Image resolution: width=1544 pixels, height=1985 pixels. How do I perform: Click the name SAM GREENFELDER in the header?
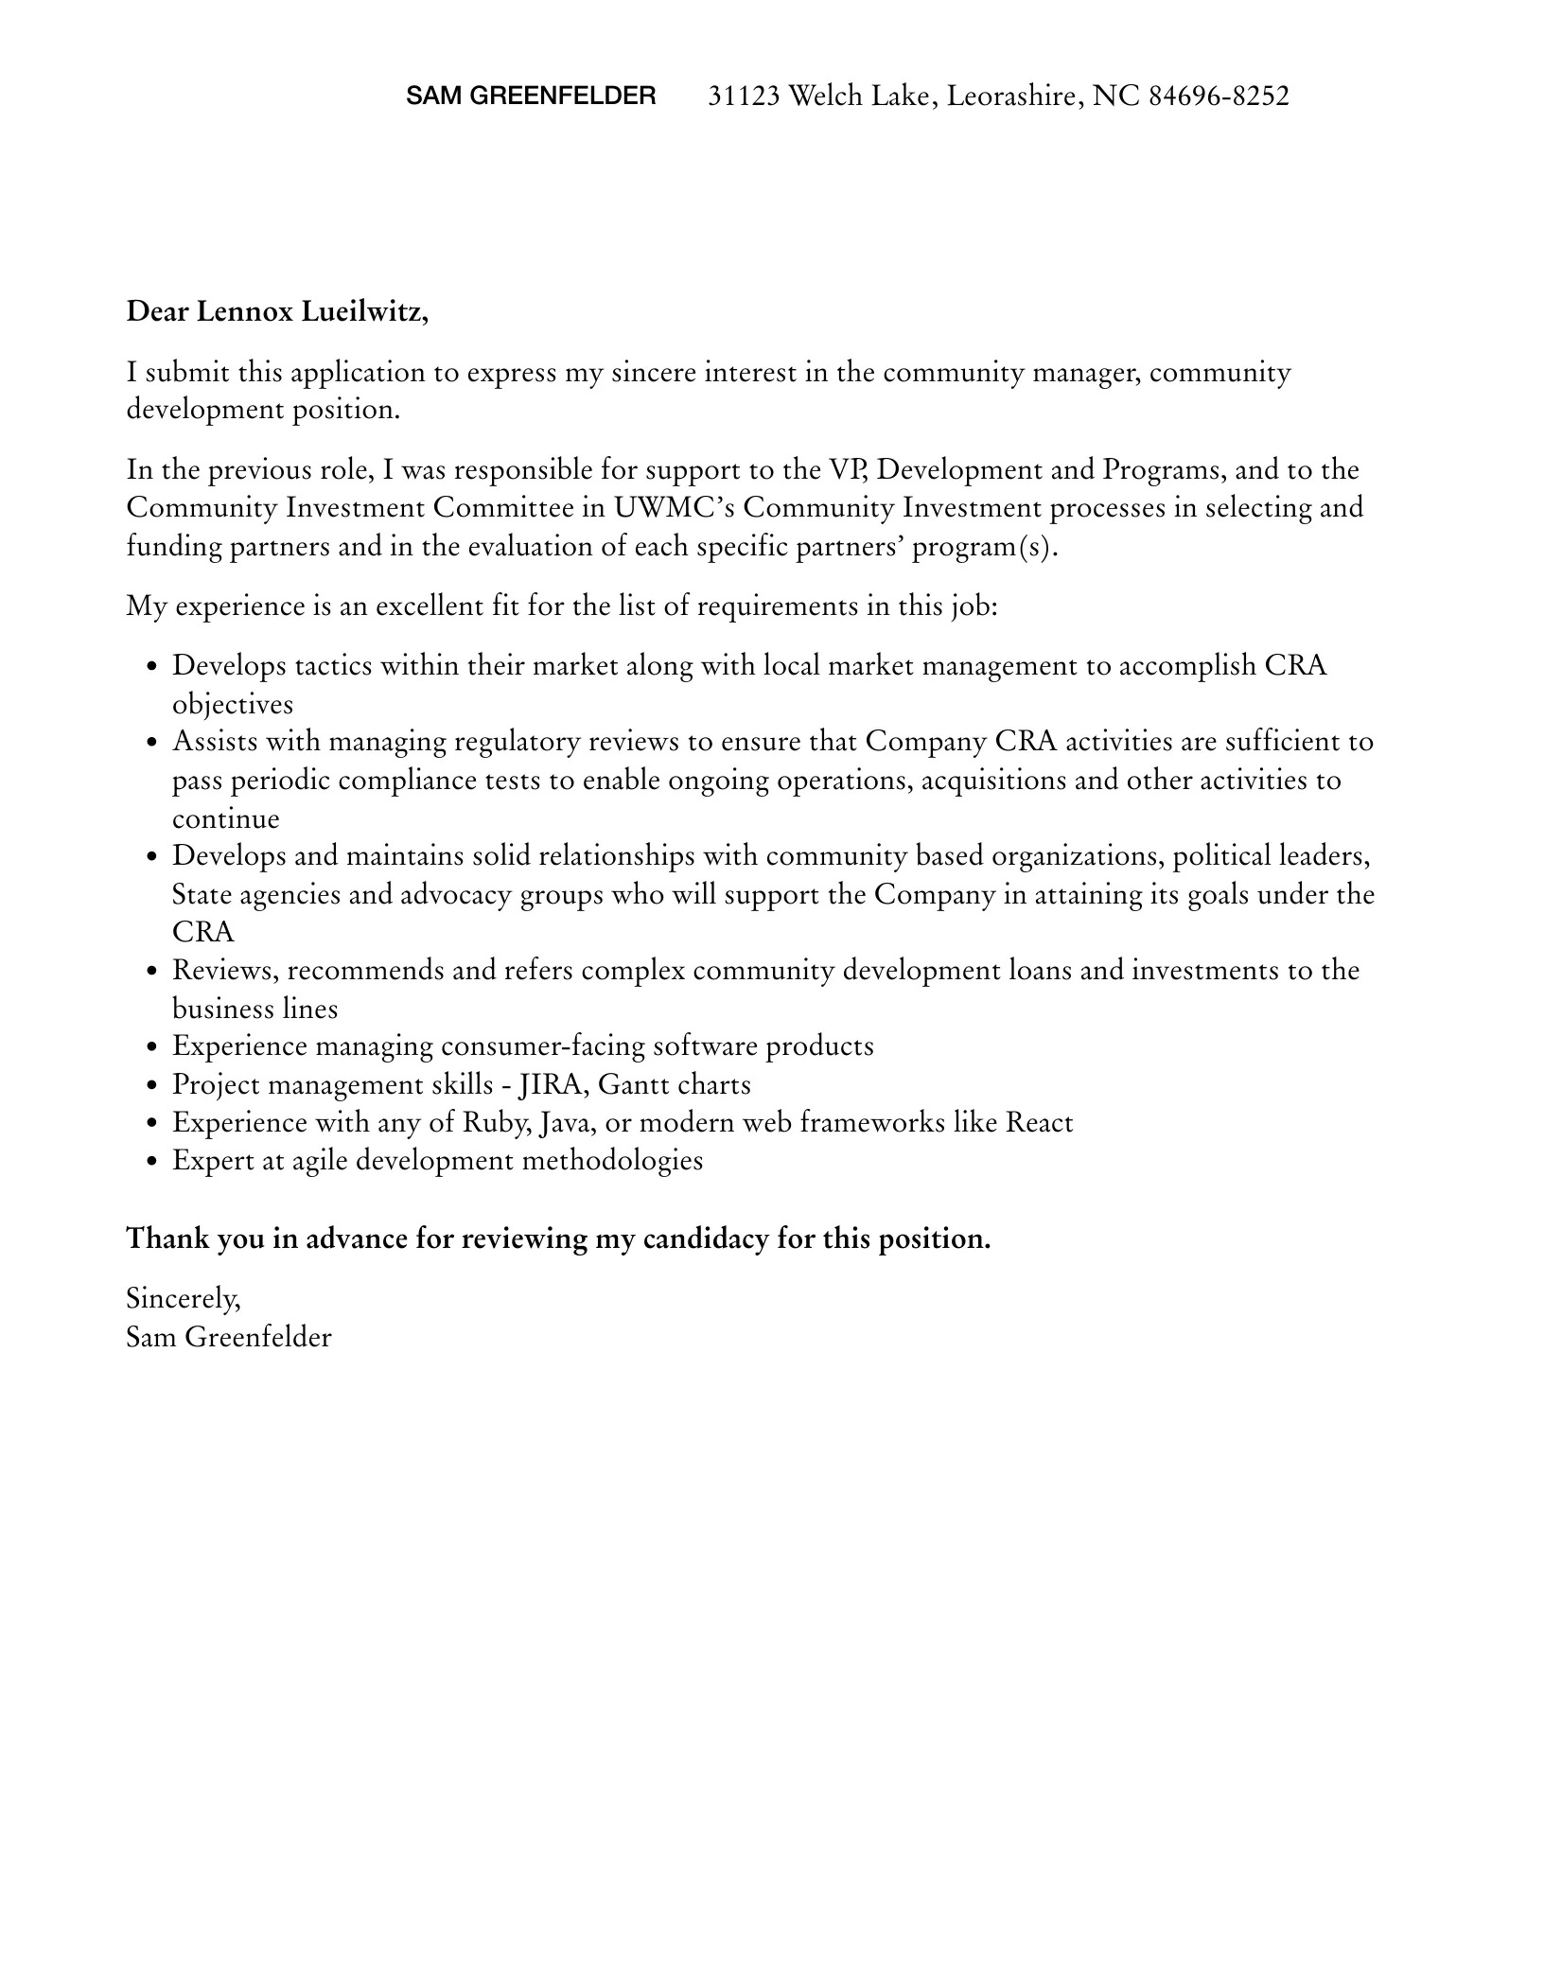pos(531,96)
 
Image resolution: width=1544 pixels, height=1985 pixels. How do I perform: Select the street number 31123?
pos(744,96)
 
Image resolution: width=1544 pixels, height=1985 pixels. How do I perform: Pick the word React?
pos(1039,1123)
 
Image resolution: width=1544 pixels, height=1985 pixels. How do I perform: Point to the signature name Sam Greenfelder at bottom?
pos(229,1337)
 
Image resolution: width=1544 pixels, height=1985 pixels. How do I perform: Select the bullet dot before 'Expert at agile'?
pos(152,1162)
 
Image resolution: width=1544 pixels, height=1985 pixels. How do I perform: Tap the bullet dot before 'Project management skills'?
pos(152,1086)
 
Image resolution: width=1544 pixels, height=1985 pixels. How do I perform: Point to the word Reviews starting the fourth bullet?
pos(224,971)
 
